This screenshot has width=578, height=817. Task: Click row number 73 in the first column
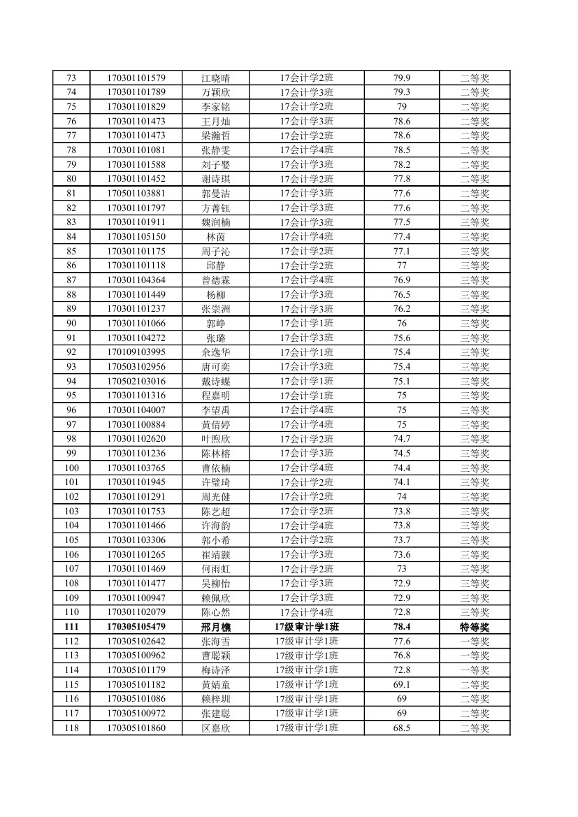71,78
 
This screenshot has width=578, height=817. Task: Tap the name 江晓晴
215,78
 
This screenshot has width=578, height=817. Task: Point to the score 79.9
402,78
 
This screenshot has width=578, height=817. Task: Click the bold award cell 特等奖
475,627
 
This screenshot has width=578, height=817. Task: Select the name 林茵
215,236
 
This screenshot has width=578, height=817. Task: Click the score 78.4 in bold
402,627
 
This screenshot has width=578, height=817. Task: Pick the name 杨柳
215,294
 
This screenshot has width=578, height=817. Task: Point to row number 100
71,468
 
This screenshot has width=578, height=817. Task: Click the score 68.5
402,728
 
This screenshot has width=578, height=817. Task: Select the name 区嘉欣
215,728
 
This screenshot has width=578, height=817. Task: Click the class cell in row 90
307,324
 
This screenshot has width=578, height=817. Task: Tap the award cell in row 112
475,641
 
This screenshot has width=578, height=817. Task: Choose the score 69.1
402,684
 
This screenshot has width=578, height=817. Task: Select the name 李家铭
215,106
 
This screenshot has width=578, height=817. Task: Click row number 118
71,728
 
